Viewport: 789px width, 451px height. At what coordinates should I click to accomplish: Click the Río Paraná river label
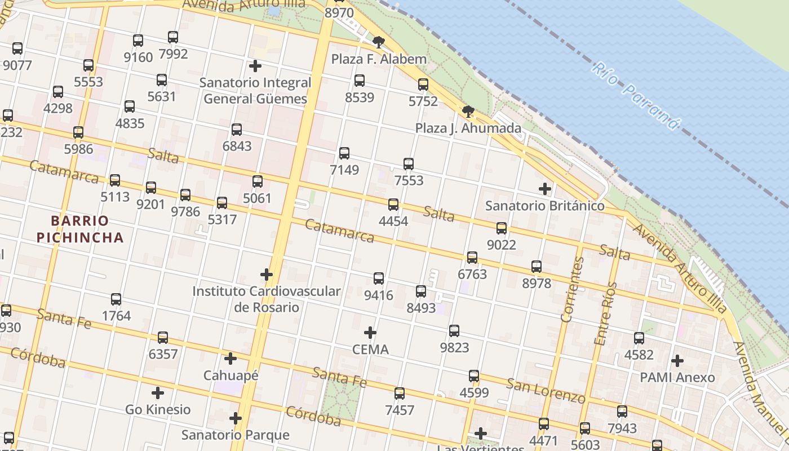[636, 96]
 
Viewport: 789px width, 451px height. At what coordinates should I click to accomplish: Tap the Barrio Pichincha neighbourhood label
[80, 228]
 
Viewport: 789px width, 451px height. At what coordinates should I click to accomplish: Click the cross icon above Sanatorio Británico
[544, 189]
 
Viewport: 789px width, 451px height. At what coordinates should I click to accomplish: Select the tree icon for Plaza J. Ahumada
[467, 111]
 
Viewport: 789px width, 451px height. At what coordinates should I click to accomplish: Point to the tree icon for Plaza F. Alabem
[379, 42]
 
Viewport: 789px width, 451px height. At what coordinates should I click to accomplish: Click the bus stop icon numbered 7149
[344, 153]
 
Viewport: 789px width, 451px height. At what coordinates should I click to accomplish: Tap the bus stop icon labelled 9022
[501, 228]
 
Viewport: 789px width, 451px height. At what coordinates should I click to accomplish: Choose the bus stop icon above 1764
[116, 299]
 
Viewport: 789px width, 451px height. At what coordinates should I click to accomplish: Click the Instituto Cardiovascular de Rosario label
[267, 299]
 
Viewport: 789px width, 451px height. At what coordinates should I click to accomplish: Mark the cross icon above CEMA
[370, 333]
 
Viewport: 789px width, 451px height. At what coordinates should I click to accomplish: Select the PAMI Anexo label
[677, 377]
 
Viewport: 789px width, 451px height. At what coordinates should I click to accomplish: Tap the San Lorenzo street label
[546, 391]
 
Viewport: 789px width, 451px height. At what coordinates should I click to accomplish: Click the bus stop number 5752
[423, 101]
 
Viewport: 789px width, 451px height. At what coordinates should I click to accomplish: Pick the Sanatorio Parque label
[235, 435]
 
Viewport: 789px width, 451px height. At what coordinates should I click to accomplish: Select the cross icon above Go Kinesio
[158, 393]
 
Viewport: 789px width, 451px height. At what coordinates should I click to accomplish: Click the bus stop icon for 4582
[639, 338]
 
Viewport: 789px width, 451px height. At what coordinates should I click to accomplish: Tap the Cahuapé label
[231, 375]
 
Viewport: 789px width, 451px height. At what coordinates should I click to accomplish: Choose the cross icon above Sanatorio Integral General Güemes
[255, 66]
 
